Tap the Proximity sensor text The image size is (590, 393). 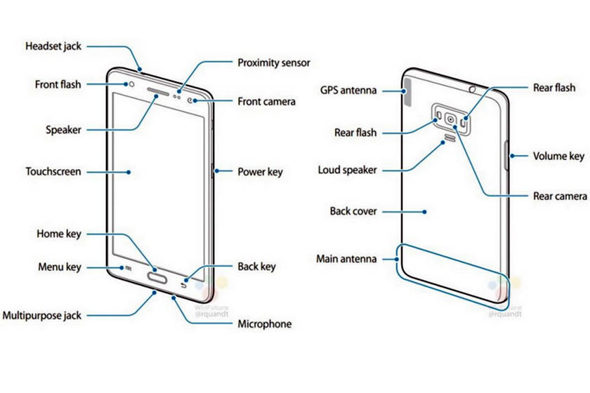click(273, 63)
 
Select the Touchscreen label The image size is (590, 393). click(53, 171)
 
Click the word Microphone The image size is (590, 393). click(264, 324)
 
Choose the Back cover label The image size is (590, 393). click(353, 211)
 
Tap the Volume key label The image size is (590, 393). click(558, 156)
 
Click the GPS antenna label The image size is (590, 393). click(348, 91)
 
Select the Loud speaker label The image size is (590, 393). click(347, 170)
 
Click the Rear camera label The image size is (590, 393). click(560, 196)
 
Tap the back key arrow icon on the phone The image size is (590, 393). click(185, 284)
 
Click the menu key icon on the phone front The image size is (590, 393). click(129, 267)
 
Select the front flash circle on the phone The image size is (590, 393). click(131, 84)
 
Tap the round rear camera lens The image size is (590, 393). click(450, 119)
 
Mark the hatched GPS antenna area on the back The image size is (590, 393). click(409, 94)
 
